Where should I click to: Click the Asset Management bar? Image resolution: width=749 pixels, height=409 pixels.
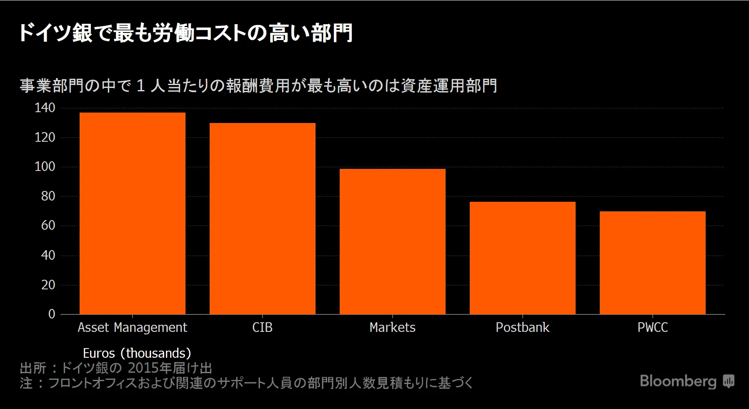[133, 213]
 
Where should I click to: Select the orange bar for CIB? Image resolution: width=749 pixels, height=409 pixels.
[262, 218]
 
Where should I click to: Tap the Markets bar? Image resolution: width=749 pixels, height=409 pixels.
[392, 241]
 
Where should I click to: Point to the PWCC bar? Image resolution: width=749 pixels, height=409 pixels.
[652, 263]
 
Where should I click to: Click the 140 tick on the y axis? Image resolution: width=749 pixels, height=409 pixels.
[45, 108]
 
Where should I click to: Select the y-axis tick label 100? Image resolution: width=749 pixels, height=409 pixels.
[45, 167]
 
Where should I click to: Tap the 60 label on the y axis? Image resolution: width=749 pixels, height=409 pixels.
[48, 226]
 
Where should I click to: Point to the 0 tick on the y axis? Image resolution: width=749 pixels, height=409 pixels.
[52, 314]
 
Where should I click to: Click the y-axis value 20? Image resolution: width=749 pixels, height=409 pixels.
[48, 285]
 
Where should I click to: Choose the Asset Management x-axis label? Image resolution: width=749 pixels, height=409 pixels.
[132, 328]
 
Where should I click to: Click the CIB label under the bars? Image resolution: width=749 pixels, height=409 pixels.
[262, 327]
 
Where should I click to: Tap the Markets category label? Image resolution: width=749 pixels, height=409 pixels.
[392, 327]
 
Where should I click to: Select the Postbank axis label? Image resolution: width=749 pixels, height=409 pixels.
[522, 327]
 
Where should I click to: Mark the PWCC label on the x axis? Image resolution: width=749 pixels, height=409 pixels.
[652, 327]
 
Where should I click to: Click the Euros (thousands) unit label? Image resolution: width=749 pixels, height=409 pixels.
[137, 353]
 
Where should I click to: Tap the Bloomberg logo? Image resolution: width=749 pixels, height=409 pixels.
[686, 381]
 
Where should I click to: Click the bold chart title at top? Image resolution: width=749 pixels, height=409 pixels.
[185, 33]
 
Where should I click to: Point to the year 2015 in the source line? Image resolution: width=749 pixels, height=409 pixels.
[143, 368]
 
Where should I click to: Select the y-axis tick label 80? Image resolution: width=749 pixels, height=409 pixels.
[48, 196]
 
